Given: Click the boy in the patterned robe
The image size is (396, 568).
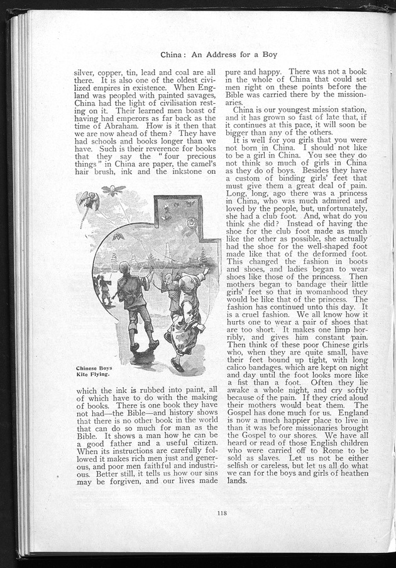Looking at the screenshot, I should pyautogui.click(x=185, y=318).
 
